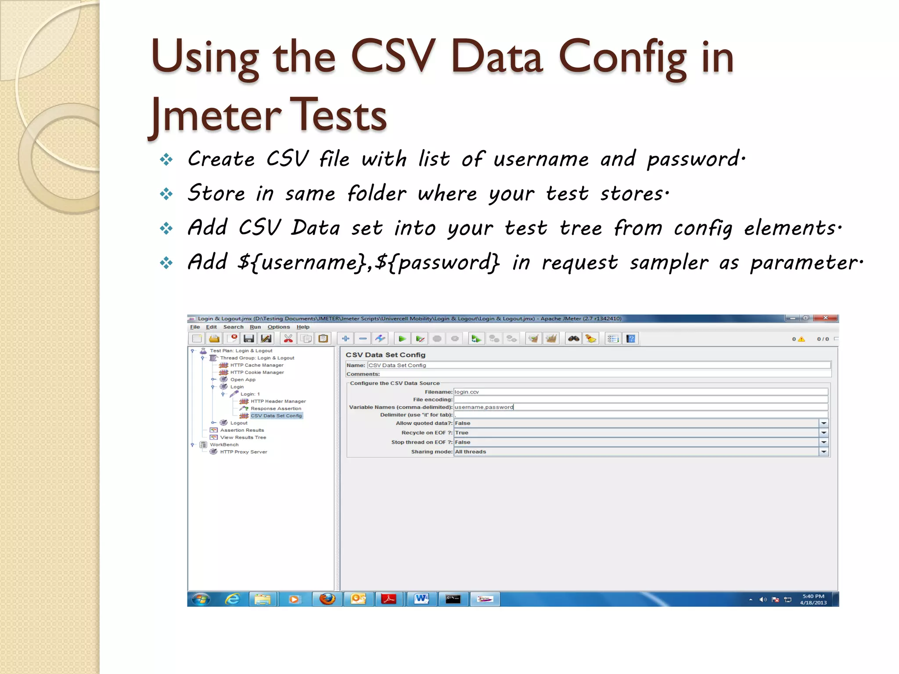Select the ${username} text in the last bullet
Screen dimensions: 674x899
pyautogui.click(x=302, y=263)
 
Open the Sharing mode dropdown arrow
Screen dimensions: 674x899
pyautogui.click(x=823, y=452)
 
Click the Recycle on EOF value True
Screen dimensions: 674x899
pyautogui.click(x=462, y=433)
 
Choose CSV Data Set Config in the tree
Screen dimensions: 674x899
pyautogui.click(x=276, y=416)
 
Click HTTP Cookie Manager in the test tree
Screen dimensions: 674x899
pyautogui.click(x=257, y=373)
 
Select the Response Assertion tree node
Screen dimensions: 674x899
pyautogui.click(x=276, y=409)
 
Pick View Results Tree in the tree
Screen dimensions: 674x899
pyautogui.click(x=243, y=437)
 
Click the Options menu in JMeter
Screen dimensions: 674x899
pyautogui.click(x=279, y=327)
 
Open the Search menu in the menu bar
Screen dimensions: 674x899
pyautogui.click(x=233, y=327)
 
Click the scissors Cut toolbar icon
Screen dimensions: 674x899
pyautogui.click(x=288, y=338)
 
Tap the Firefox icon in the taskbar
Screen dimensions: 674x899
pyautogui.click(x=327, y=599)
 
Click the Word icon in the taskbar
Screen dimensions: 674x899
pyautogui.click(x=421, y=599)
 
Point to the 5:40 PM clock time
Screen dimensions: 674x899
pyautogui.click(x=813, y=596)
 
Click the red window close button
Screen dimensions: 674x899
pyautogui.click(x=825, y=318)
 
